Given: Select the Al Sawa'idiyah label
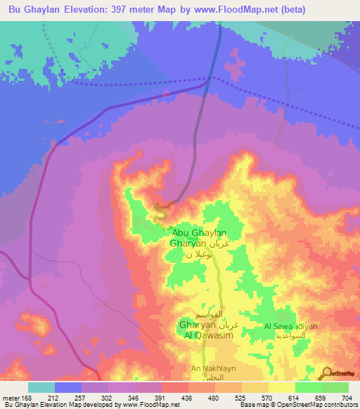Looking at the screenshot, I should [x=290, y=326].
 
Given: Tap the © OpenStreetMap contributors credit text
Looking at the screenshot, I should [x=316, y=405].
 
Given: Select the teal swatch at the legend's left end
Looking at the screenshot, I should [x=41, y=387].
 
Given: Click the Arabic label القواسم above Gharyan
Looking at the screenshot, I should [x=212, y=314].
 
